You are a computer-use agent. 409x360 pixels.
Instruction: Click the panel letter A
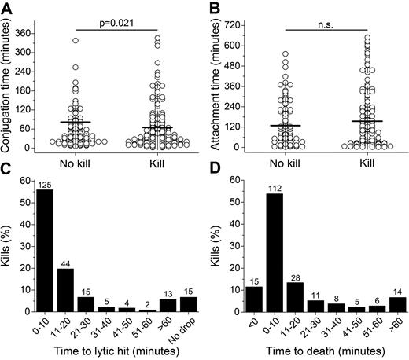click(x=8, y=7)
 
